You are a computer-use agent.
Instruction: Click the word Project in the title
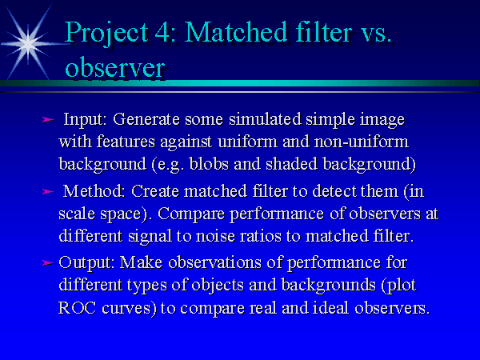click(x=106, y=34)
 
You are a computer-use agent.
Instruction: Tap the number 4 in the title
click(x=162, y=32)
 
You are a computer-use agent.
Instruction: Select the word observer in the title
click(x=115, y=68)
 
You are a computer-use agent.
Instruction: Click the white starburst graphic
click(x=28, y=44)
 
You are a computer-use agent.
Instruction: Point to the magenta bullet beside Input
click(x=48, y=120)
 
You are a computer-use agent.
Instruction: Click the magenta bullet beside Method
click(x=48, y=192)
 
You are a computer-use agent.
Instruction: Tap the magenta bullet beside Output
click(x=48, y=262)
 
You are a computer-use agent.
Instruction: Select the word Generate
click(x=146, y=118)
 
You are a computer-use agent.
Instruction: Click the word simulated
click(x=265, y=118)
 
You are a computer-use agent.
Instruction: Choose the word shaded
click(x=291, y=164)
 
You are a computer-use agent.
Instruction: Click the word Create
click(x=155, y=191)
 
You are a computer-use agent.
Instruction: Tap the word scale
click(x=77, y=214)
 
